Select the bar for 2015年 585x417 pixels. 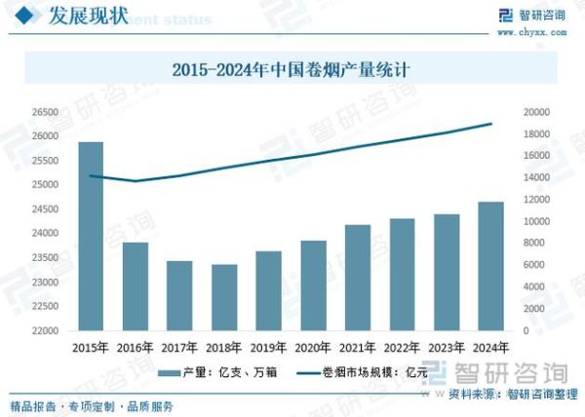(91, 237)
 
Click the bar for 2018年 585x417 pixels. (224, 297)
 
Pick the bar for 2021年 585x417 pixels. (358, 278)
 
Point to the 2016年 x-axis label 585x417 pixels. (136, 348)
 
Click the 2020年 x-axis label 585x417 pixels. (313, 348)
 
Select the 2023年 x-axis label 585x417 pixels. (447, 348)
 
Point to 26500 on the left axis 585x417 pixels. (45, 112)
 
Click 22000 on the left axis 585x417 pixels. (45, 331)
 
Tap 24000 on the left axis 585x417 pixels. (45, 234)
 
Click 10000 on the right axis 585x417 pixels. (539, 221)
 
